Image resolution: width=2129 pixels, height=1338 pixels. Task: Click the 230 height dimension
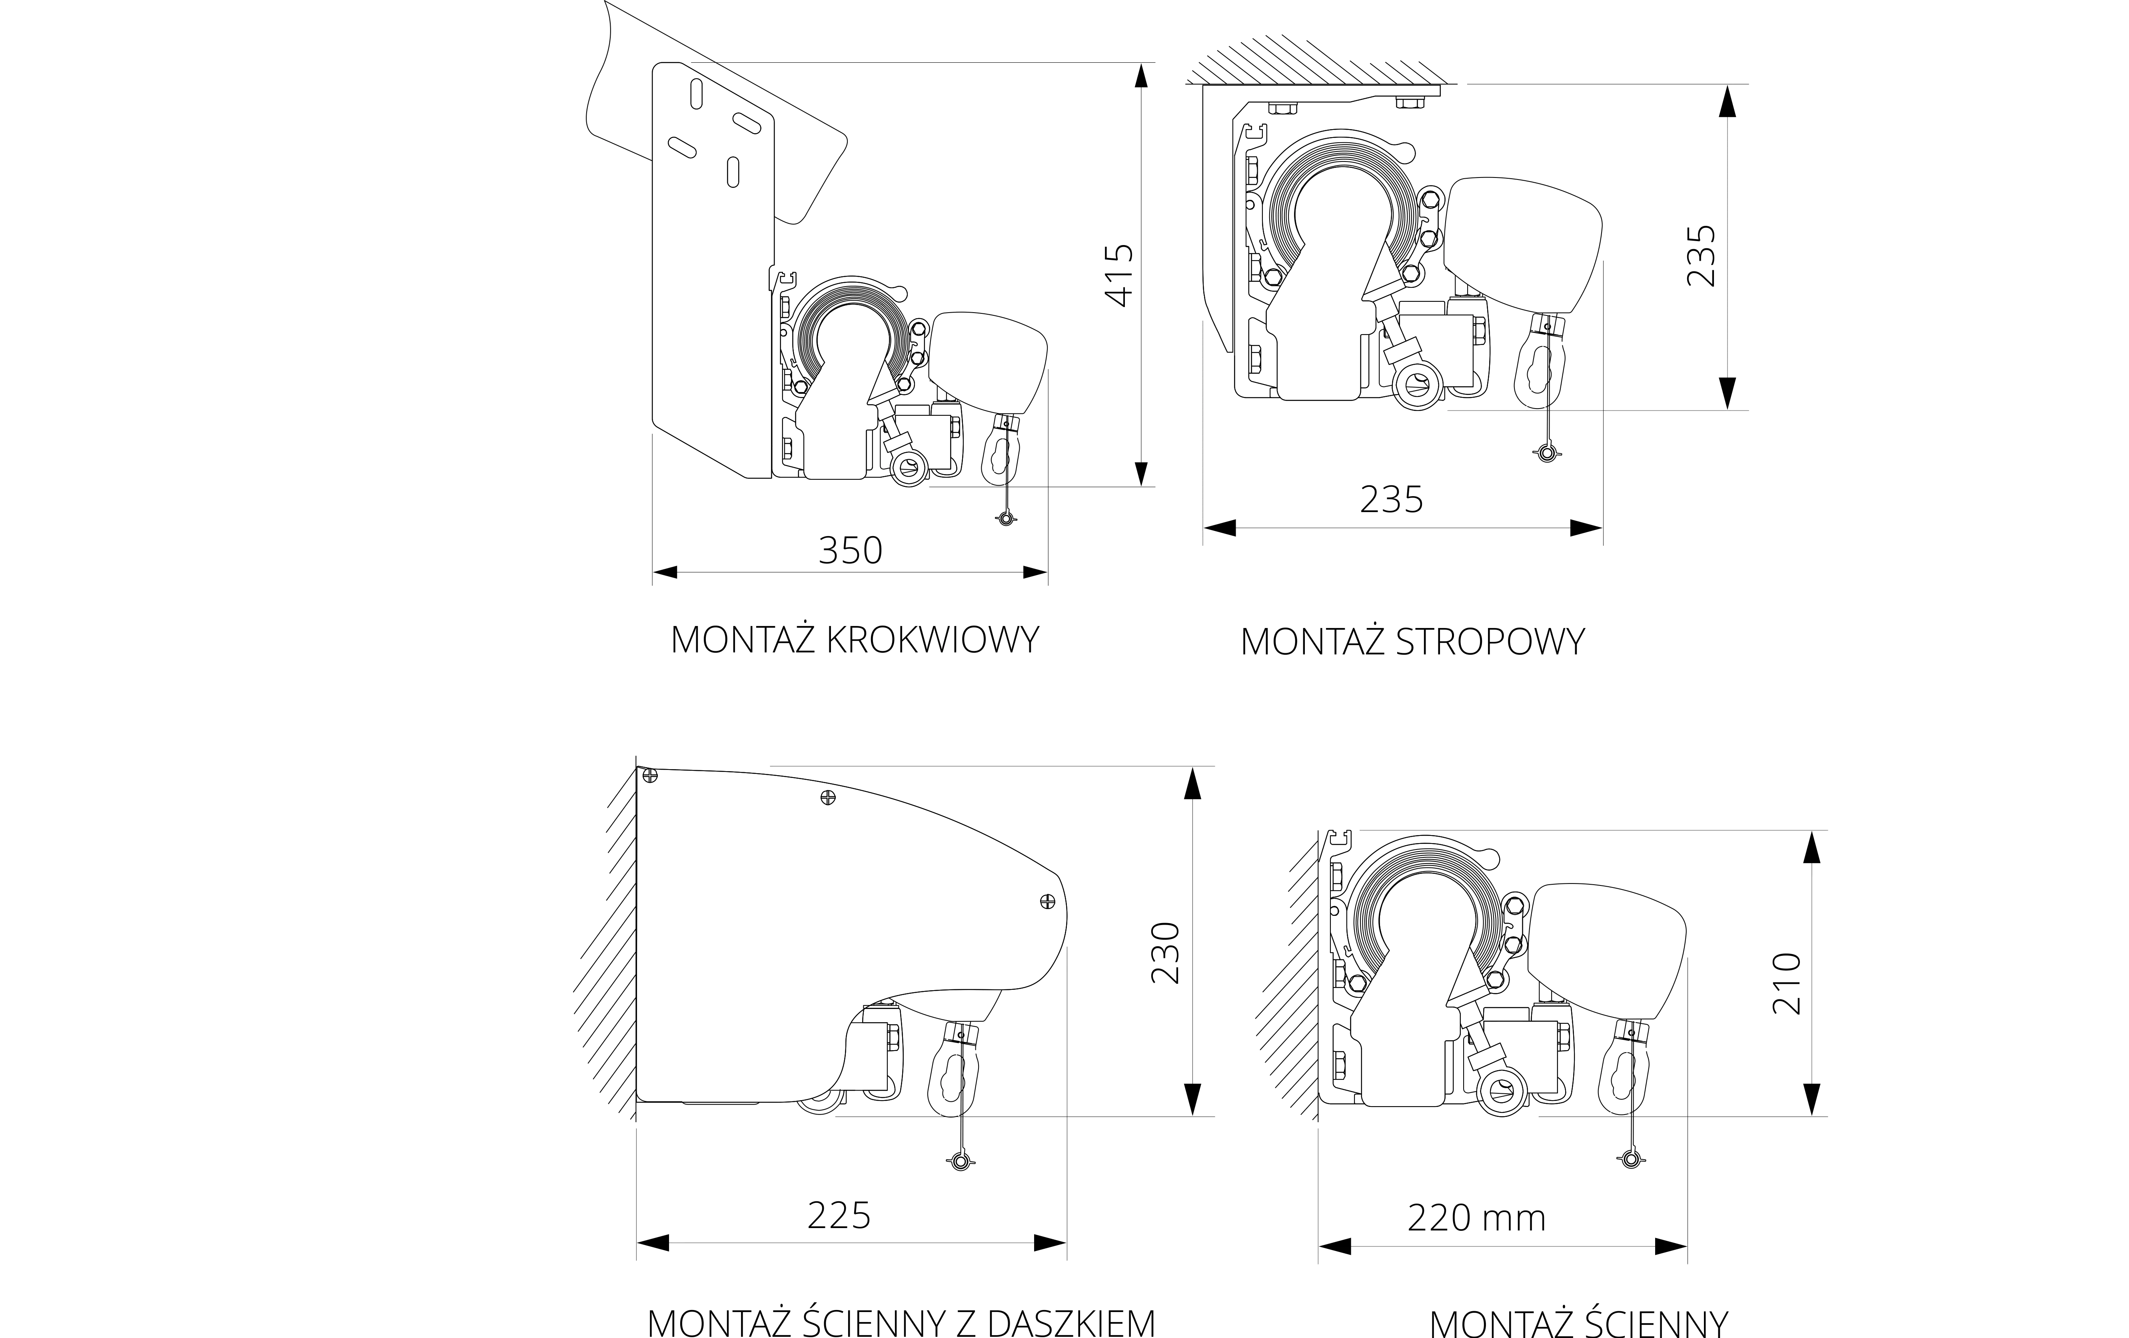[1165, 953]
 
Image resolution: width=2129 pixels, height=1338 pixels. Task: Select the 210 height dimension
[1787, 984]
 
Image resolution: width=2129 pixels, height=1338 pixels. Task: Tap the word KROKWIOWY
[933, 640]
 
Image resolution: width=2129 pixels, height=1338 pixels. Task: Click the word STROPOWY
[1491, 642]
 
